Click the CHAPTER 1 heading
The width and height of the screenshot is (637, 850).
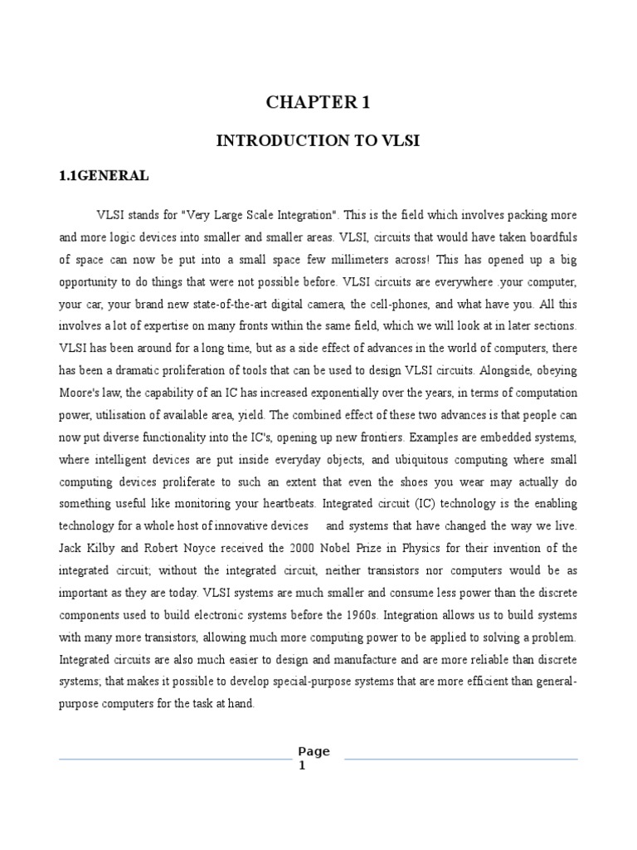(x=318, y=102)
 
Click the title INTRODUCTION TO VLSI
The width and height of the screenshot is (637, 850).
(x=318, y=141)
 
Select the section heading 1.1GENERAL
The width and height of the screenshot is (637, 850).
(x=104, y=176)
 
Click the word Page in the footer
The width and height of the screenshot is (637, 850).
(x=314, y=751)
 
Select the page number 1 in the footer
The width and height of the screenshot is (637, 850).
(x=302, y=765)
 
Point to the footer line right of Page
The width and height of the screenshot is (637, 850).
(x=460, y=758)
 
